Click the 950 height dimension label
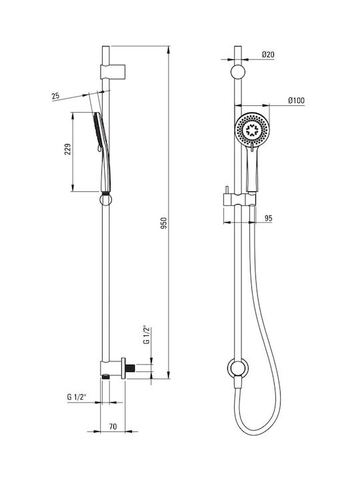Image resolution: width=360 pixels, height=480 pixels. click(x=164, y=223)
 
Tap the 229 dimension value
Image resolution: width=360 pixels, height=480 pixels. click(x=68, y=149)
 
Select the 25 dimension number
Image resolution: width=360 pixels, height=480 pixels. click(x=55, y=96)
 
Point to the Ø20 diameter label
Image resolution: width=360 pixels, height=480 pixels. click(x=268, y=55)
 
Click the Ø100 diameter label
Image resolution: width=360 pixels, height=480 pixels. click(x=296, y=101)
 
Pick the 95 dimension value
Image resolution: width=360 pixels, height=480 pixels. click(x=268, y=218)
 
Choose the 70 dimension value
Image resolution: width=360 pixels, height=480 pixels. click(x=113, y=426)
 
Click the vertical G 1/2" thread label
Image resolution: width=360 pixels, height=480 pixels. click(x=147, y=335)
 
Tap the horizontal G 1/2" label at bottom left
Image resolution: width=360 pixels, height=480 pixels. click(x=77, y=397)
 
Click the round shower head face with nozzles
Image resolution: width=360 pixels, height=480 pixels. click(x=252, y=129)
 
